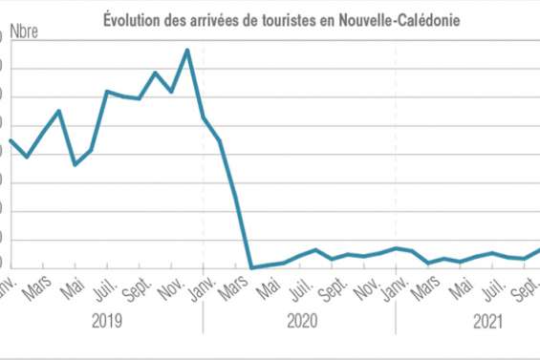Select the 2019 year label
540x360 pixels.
pyautogui.click(x=106, y=323)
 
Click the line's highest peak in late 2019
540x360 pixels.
pyautogui.click(x=187, y=50)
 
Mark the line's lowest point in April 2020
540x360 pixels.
pyautogui.click(x=251, y=268)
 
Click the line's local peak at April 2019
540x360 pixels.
pyautogui.click(x=59, y=111)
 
